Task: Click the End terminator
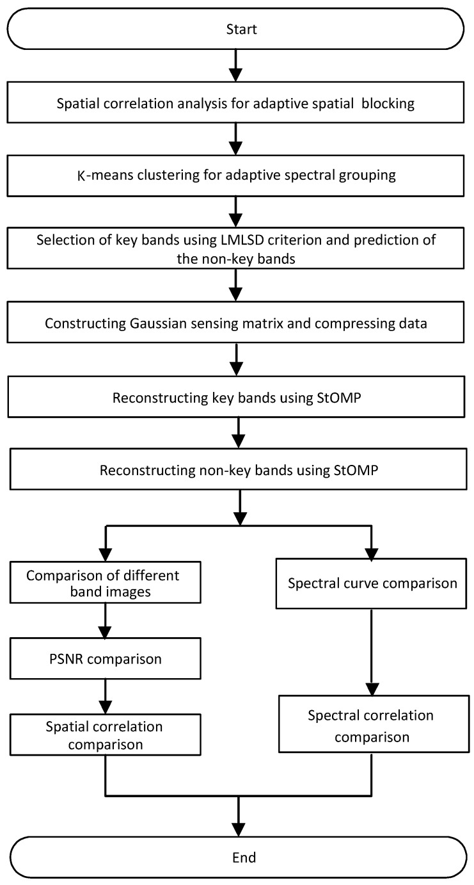click(x=237, y=856)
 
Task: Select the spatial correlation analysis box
click(x=237, y=104)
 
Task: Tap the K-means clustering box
click(x=237, y=175)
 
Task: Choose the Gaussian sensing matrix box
click(x=237, y=322)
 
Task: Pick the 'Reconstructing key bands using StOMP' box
click(x=237, y=397)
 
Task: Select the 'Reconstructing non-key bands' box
click(x=237, y=470)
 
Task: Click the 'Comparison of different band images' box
click(x=103, y=583)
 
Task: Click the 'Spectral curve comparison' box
click(x=372, y=583)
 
